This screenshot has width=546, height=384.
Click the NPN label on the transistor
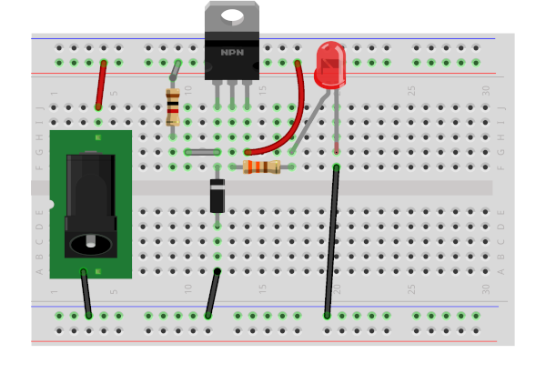pyautogui.click(x=232, y=52)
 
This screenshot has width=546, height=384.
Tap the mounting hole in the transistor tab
pyautogui.click(x=232, y=15)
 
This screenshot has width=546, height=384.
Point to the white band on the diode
pyautogui.click(x=217, y=185)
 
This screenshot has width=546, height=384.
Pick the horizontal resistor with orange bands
pyautogui.click(x=262, y=167)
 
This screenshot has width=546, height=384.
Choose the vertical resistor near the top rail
pyautogui.click(x=173, y=106)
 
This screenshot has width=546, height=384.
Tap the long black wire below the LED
pyautogui.click(x=331, y=241)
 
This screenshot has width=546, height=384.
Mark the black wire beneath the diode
pyautogui.click(x=213, y=293)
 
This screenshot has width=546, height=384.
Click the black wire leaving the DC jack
pyautogui.click(x=86, y=293)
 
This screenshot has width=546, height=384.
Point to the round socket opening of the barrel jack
pyautogui.click(x=91, y=243)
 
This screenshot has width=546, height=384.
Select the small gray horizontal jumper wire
pyautogui.click(x=202, y=152)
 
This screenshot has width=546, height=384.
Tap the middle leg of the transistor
pyautogui.click(x=232, y=93)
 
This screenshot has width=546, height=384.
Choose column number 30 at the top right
pyautogui.click(x=486, y=91)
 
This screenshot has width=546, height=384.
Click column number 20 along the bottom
pyautogui.click(x=337, y=288)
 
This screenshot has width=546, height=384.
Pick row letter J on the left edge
pyautogui.click(x=39, y=107)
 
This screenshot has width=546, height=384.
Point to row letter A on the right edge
pyautogui.click(x=500, y=271)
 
